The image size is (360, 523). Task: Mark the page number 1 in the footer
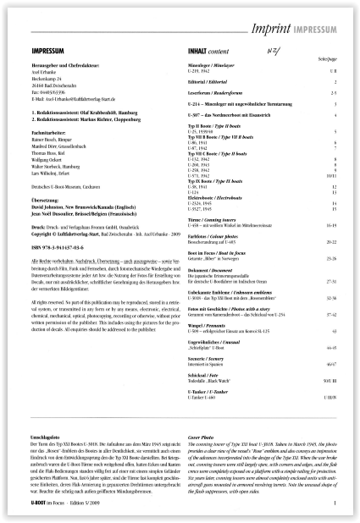coord(335,502)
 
